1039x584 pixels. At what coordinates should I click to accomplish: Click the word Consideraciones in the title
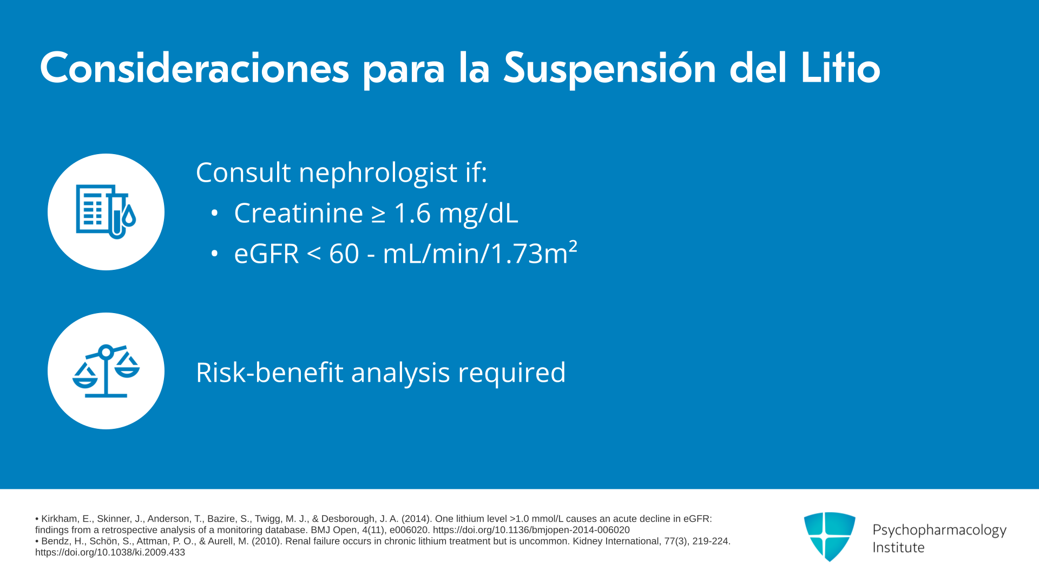pos(194,68)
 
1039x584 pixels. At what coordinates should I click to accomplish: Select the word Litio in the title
pos(841,68)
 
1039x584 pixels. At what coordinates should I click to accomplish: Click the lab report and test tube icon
pos(106,212)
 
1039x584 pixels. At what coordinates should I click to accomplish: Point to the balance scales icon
pos(106,371)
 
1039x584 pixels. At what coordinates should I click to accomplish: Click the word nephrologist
pos(378,174)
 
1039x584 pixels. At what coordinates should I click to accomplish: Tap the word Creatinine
pos(298,213)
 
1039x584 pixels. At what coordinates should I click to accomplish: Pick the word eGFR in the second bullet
pos(266,254)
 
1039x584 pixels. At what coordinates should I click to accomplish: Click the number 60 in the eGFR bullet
pos(344,254)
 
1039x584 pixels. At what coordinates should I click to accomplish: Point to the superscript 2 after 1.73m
pos(573,246)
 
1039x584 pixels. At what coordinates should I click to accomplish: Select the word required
pos(512,374)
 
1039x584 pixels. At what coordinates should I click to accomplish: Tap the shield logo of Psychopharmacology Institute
pos(830,536)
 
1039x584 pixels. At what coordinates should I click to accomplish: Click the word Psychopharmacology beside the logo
pos(939,530)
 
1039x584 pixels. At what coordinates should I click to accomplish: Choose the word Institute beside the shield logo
pos(898,548)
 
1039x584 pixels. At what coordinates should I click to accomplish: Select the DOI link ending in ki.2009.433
pos(110,553)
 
